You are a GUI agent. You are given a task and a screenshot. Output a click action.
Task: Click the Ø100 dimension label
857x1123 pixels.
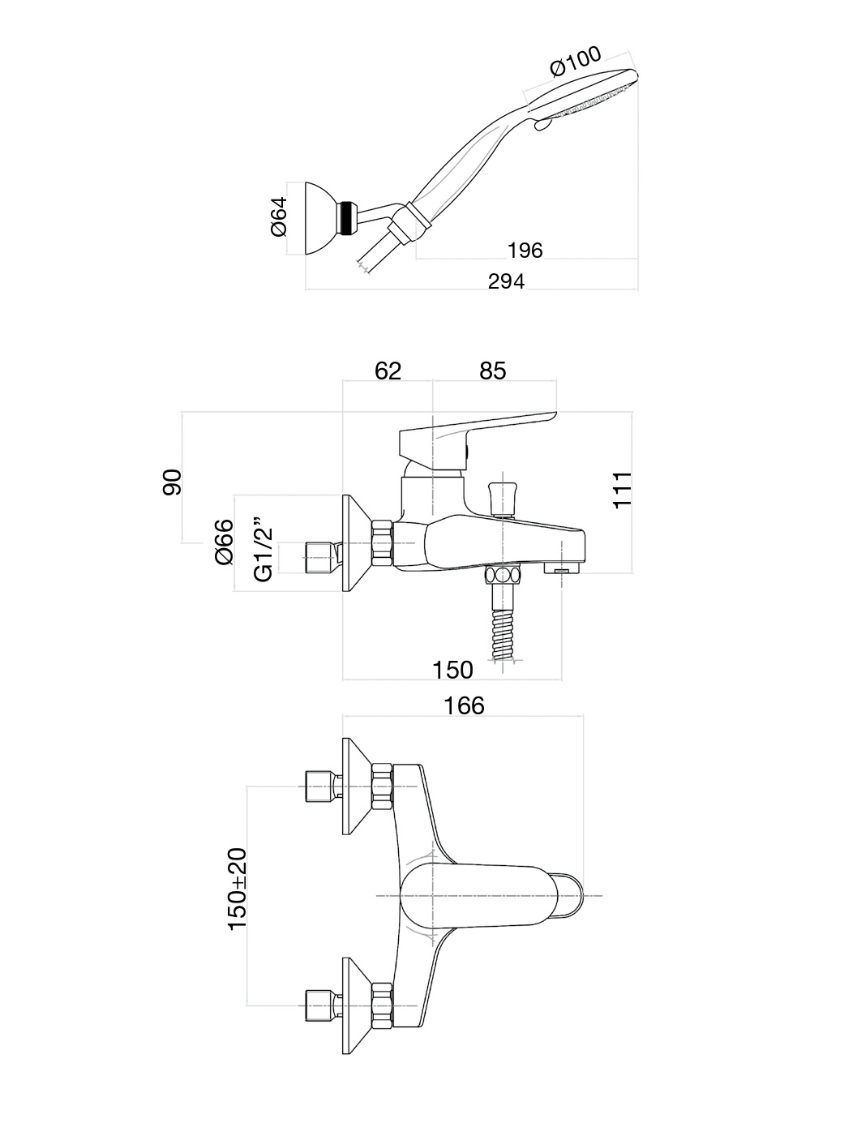click(x=576, y=62)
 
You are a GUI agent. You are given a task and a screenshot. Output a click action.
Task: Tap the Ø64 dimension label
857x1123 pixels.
click(x=277, y=216)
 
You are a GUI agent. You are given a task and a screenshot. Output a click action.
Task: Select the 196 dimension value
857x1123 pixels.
click(x=525, y=250)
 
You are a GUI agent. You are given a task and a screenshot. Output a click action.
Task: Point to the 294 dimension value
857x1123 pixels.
click(x=506, y=281)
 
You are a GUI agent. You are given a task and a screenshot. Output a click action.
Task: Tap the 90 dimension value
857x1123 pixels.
click(x=173, y=481)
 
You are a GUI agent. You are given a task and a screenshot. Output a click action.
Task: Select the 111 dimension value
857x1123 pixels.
click(x=622, y=489)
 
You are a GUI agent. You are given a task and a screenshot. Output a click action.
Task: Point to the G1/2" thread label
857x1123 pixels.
click(x=264, y=549)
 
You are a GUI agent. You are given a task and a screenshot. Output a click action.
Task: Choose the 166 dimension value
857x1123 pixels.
click(x=464, y=705)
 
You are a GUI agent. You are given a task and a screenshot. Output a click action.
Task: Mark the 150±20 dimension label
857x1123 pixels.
click(x=237, y=889)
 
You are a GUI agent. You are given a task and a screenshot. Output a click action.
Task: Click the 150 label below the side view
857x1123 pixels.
click(x=452, y=670)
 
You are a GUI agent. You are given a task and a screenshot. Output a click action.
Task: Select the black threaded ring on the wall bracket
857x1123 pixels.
click(x=349, y=218)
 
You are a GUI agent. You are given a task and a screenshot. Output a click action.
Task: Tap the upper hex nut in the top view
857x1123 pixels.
click(x=382, y=785)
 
